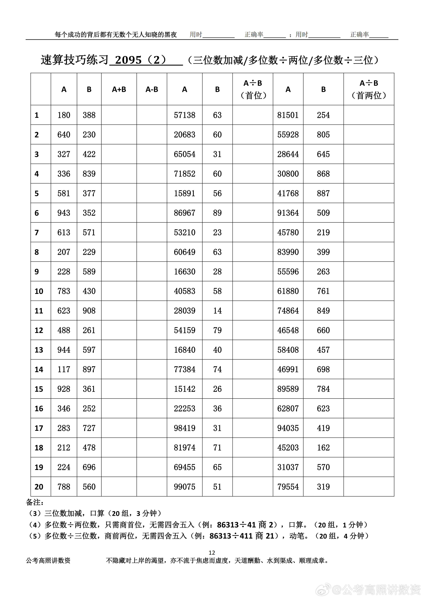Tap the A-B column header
click(x=152, y=89)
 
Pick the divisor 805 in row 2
click(x=323, y=135)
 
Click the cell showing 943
click(x=64, y=213)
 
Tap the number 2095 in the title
click(x=128, y=60)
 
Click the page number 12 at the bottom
click(x=212, y=553)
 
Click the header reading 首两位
click(x=369, y=96)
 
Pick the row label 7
click(x=37, y=232)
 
